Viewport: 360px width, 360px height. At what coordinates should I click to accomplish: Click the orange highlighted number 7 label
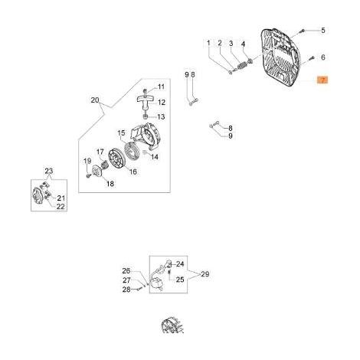click(322, 80)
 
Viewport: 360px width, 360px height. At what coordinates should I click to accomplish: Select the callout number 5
click(323, 31)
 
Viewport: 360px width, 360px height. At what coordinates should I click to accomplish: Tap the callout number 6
click(323, 57)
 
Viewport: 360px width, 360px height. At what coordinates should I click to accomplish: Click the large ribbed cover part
click(280, 58)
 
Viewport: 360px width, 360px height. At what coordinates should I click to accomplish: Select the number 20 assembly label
click(95, 100)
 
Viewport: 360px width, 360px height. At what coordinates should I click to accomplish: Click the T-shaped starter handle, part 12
click(145, 100)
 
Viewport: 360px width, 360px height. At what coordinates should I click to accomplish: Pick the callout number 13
click(161, 117)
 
